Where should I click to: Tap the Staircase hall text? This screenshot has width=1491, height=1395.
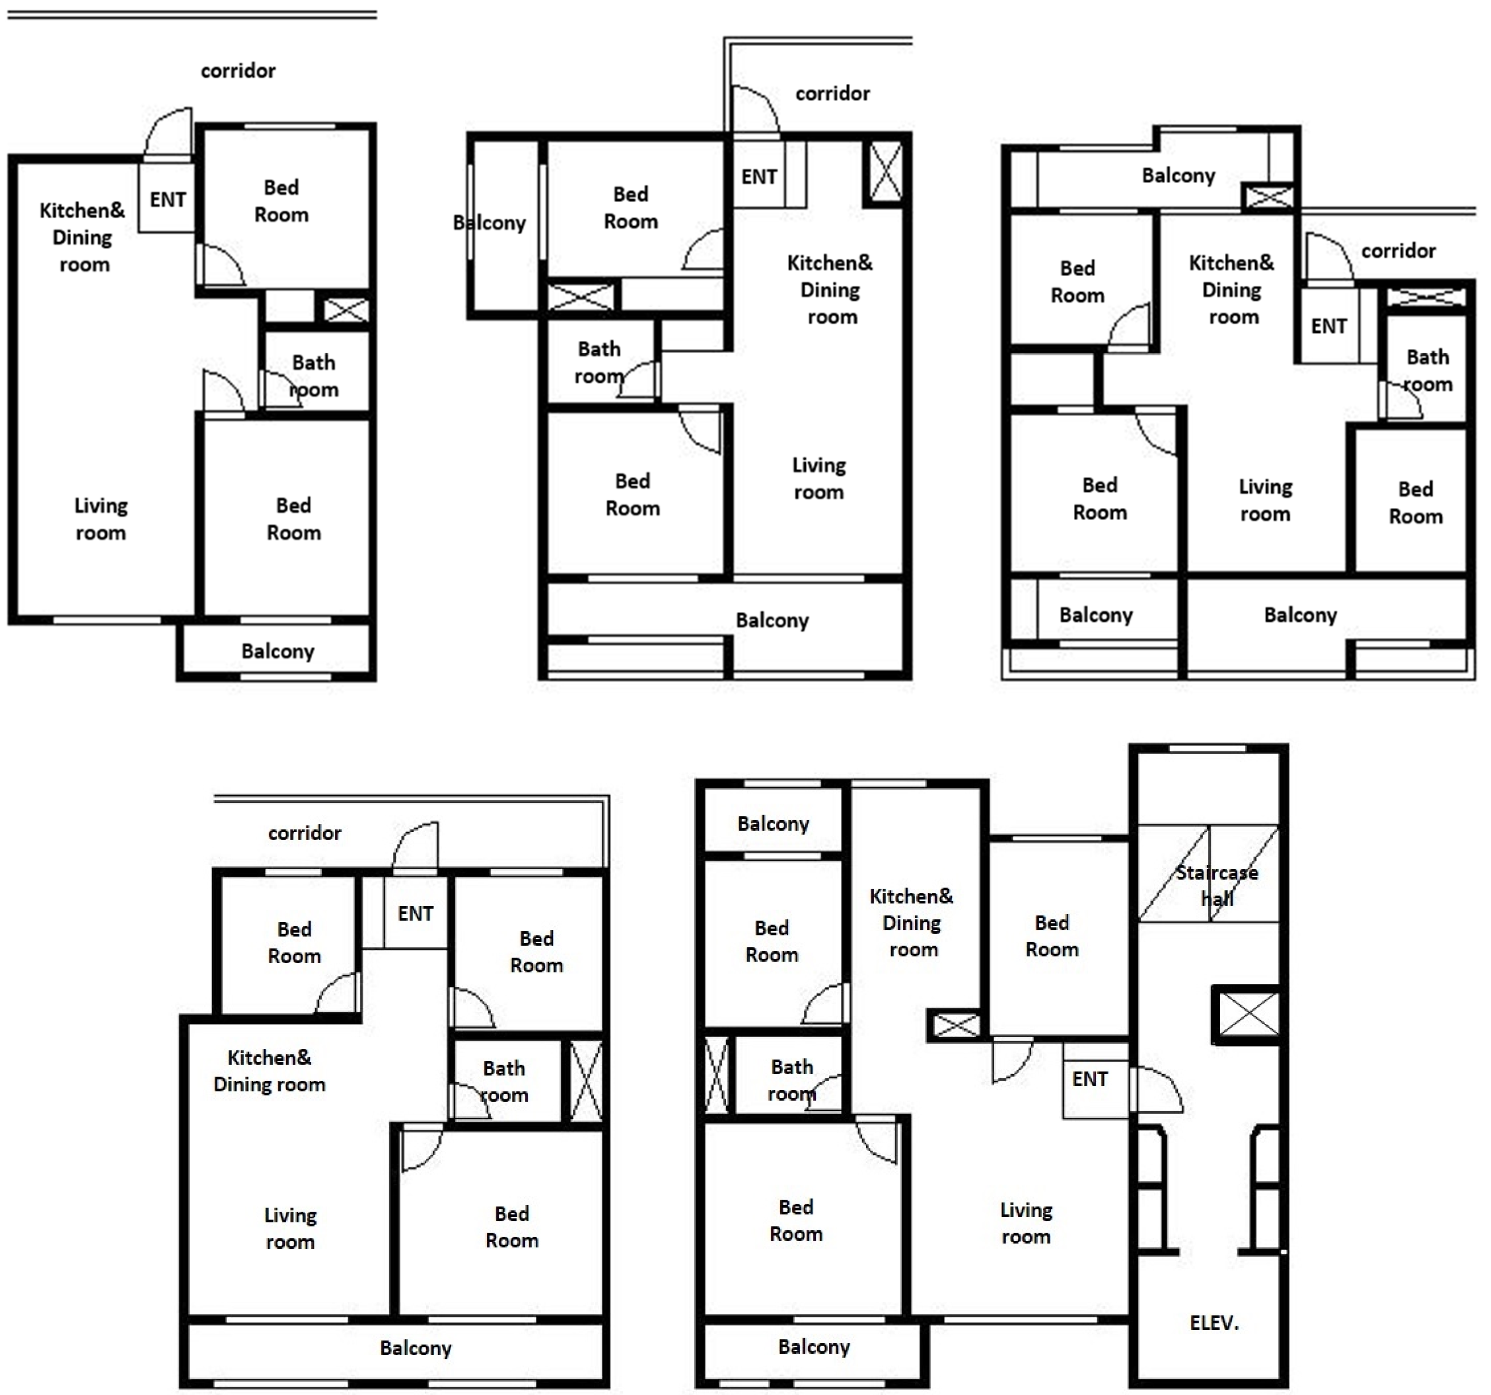tap(1217, 886)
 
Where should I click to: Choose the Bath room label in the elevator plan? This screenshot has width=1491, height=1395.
tap(792, 1080)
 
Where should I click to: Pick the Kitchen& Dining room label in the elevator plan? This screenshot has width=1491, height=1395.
tap(912, 923)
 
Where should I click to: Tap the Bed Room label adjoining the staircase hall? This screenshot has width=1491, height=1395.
tap(1052, 936)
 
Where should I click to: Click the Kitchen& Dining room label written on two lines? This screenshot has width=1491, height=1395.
tap(269, 1071)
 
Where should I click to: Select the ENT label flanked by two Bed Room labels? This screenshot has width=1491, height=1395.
tap(416, 914)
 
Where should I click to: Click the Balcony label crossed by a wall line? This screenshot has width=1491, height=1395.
tap(490, 223)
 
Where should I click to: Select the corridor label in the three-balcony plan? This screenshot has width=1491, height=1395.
tap(1399, 251)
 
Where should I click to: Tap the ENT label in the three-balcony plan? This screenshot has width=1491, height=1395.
tap(1329, 326)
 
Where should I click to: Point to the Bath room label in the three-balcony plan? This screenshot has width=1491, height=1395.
tap(1427, 371)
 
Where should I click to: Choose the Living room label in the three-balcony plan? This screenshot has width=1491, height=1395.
tap(1265, 500)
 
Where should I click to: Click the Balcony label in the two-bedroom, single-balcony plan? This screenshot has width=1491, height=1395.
tap(278, 651)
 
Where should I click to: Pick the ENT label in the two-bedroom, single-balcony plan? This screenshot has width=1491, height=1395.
tap(168, 199)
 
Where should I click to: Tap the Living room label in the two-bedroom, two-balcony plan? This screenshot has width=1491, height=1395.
tap(819, 478)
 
